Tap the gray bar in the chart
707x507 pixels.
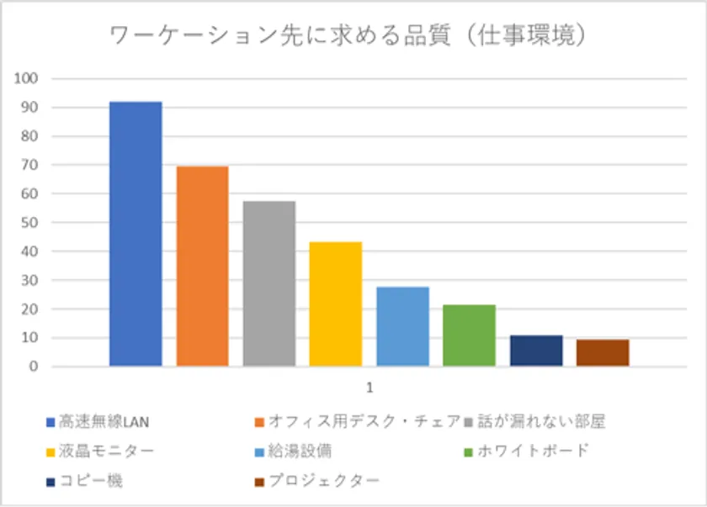point(269,283)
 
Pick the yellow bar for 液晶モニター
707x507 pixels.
point(335,304)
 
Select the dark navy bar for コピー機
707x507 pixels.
point(536,351)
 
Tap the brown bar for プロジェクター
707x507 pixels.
point(603,352)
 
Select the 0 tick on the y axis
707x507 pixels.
point(35,367)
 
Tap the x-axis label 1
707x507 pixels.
point(369,388)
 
